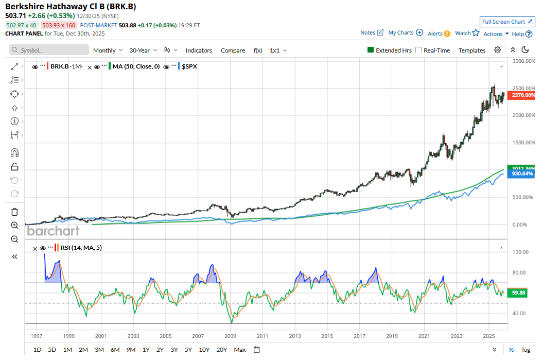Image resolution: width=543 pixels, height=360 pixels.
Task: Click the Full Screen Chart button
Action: coord(507,22)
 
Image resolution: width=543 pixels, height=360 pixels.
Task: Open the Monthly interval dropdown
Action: coord(108,50)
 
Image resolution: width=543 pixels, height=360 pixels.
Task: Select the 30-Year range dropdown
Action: coord(143,50)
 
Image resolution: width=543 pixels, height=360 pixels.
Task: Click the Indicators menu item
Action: coord(199,50)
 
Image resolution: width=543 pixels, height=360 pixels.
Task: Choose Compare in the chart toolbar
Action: coord(233,50)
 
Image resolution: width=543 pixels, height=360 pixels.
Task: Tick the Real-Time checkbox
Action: coord(418,50)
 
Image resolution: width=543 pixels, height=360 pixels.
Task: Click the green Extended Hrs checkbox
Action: coord(370,50)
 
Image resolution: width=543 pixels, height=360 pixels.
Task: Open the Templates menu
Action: coord(472,50)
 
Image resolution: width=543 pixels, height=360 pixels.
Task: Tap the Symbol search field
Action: coord(50,50)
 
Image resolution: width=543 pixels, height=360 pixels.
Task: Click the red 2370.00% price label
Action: coord(521,95)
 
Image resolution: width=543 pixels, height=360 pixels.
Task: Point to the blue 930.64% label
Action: coord(521,174)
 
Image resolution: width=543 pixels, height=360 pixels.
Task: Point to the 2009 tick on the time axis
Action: coord(230,336)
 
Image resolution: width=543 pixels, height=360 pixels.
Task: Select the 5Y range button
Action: coord(188,350)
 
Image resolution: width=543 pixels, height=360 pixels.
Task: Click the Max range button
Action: coord(240,350)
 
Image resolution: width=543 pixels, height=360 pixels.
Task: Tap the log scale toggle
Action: coord(526,350)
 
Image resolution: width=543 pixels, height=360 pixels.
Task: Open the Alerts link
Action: coord(439,33)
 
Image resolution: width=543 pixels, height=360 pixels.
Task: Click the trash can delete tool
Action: coord(14,212)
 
